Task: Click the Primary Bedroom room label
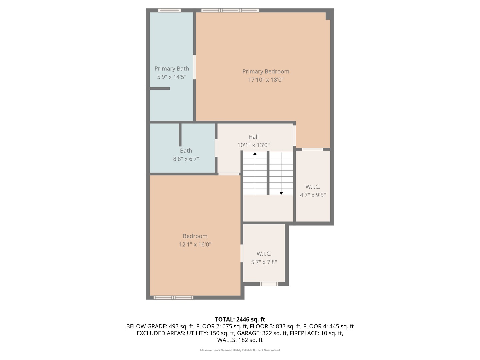point(266,71)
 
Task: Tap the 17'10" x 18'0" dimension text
point(266,80)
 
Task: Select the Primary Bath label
point(172,68)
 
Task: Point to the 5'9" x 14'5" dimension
point(172,77)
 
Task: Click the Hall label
point(253,137)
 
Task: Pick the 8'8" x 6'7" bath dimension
point(186,159)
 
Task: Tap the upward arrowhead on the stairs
point(255,154)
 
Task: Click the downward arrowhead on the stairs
point(281,193)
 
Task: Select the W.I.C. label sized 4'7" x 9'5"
point(313,187)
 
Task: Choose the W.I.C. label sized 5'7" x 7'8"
point(264,254)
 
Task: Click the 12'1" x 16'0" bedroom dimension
point(195,244)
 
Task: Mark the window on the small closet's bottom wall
point(269,284)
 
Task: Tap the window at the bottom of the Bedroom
point(173,297)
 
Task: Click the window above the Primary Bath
point(169,10)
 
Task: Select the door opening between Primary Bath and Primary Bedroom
point(195,67)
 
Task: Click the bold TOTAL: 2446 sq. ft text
point(240,319)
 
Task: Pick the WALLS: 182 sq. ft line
point(240,340)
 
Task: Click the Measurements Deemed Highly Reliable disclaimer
point(240,350)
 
